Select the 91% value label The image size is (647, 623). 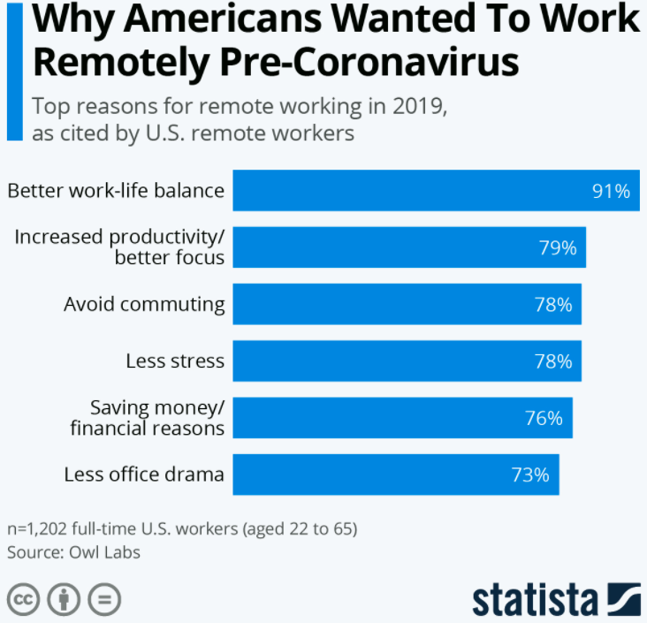(x=611, y=191)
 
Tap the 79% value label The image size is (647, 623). (x=558, y=247)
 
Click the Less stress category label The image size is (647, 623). (x=175, y=361)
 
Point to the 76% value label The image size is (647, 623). (x=544, y=418)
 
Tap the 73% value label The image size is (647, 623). (x=530, y=475)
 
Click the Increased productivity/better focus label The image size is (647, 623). (x=120, y=247)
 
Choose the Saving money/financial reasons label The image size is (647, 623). (x=157, y=417)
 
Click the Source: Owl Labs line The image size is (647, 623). (x=73, y=552)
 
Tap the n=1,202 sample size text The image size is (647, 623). (x=181, y=529)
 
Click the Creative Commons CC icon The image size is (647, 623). (x=24, y=599)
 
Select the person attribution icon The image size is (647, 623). (x=64, y=599)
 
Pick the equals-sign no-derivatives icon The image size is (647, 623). (x=103, y=599)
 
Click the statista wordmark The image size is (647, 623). (x=535, y=599)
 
